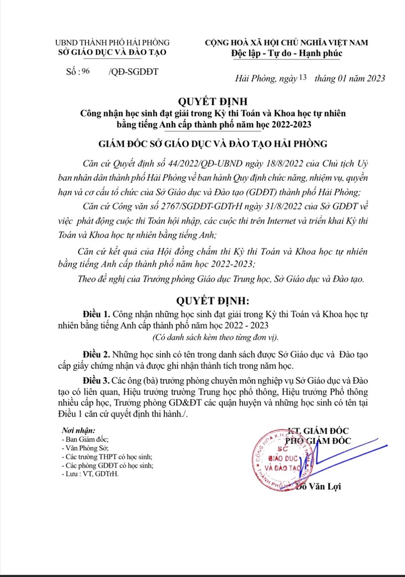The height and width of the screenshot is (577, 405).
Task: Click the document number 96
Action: pyautogui.click(x=86, y=71)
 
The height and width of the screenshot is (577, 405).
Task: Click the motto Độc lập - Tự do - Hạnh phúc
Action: pyautogui.click(x=287, y=53)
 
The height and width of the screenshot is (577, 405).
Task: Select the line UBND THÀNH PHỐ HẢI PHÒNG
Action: pyautogui.click(x=112, y=43)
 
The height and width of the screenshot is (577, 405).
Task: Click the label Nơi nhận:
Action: pyautogui.click(x=78, y=431)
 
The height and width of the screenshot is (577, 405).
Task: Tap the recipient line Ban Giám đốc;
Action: pyautogui.click(x=85, y=440)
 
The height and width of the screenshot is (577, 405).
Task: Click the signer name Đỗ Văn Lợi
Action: pyautogui.click(x=319, y=487)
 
